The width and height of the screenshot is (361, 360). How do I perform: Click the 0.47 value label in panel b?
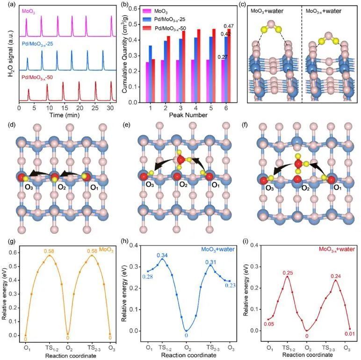click(229, 25)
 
